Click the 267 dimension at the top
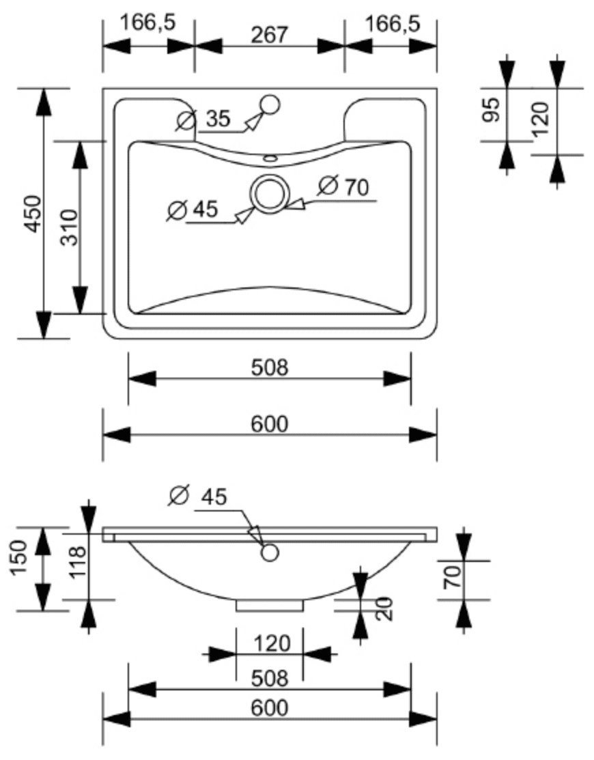pos(270,35)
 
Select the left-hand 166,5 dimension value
pos(147,23)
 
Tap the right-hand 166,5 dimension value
pos(393,23)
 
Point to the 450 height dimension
pos(33,213)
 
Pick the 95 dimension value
pos(492,109)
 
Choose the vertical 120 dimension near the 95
pos(541,119)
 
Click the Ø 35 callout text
pos(203,119)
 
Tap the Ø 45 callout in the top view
pos(193,210)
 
